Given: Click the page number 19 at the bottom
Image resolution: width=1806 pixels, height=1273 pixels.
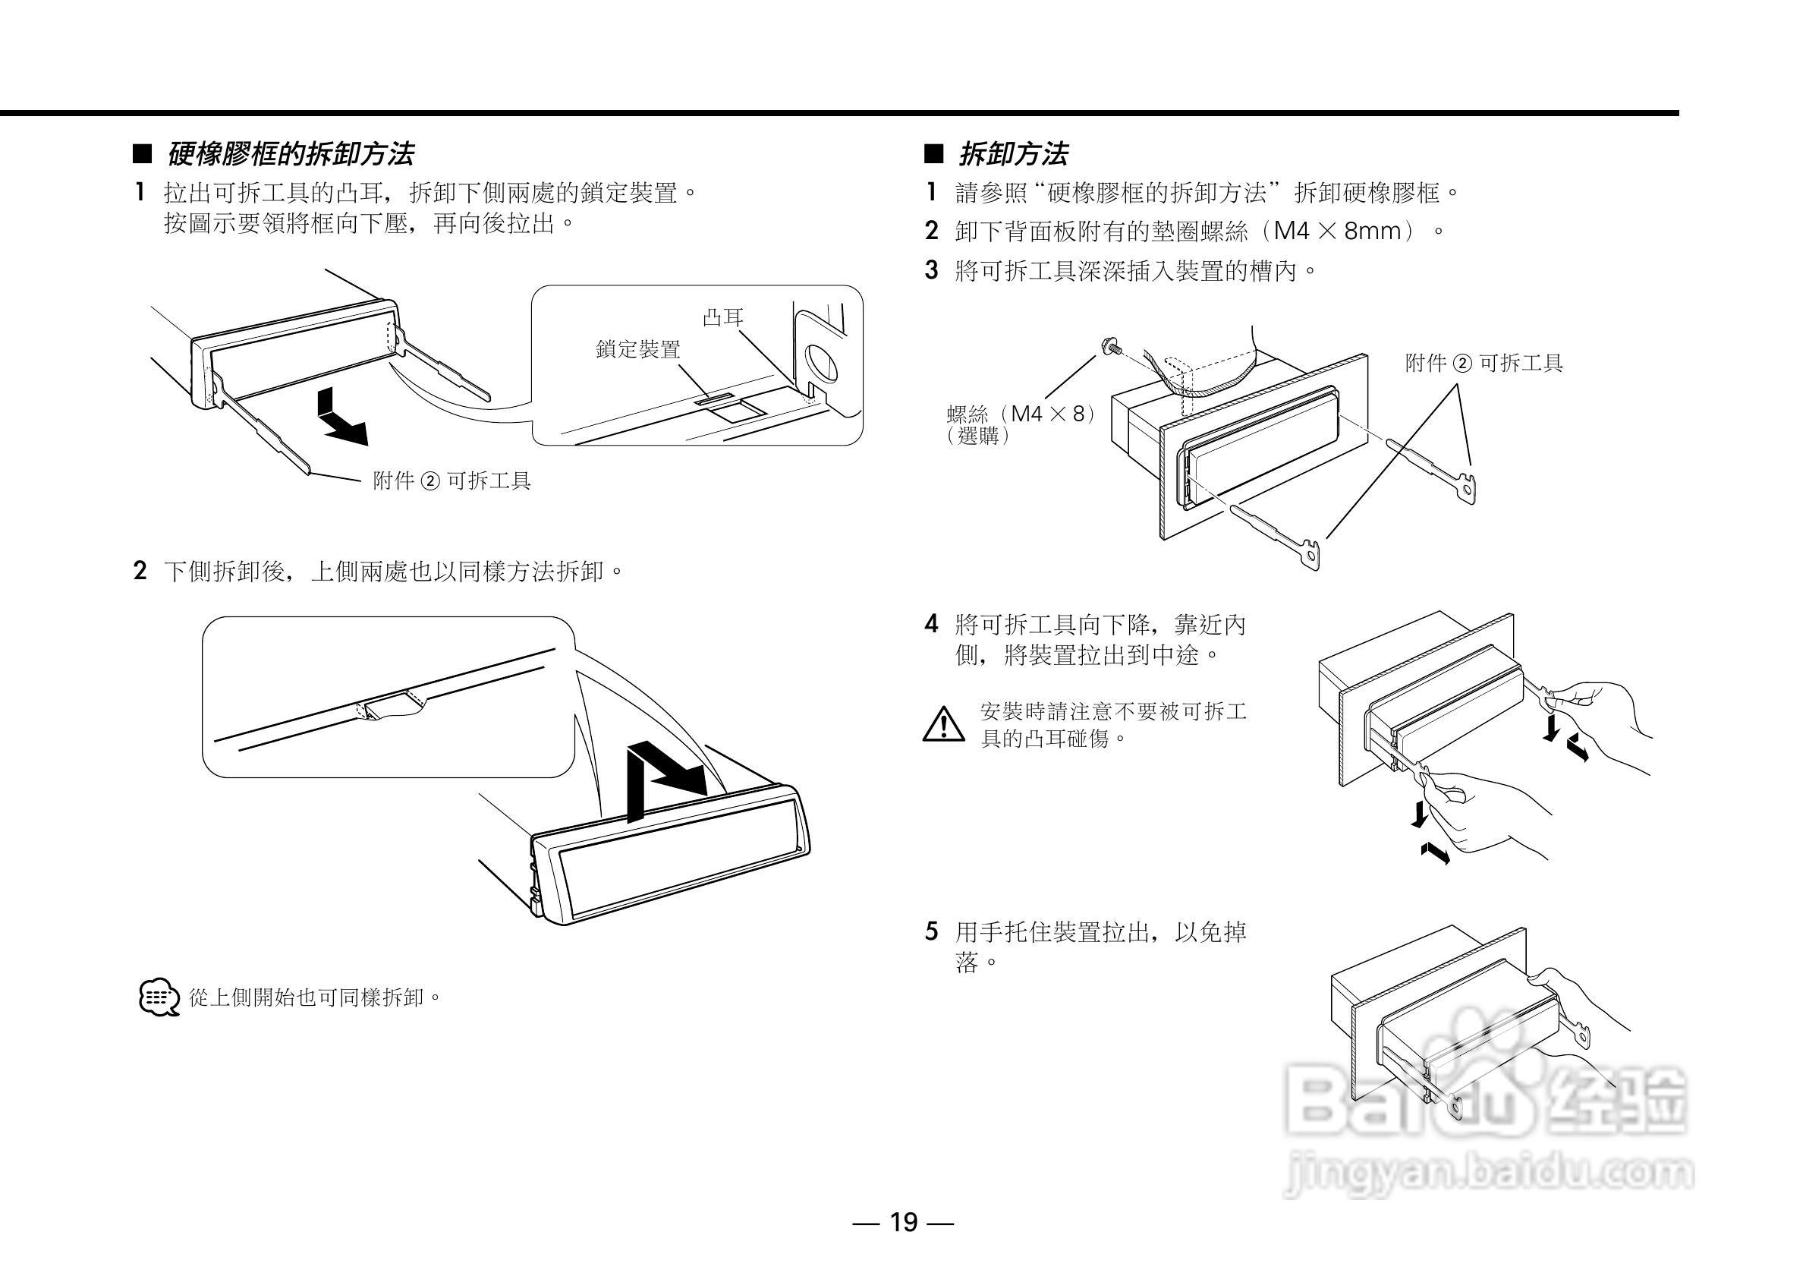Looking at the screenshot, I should tap(903, 1222).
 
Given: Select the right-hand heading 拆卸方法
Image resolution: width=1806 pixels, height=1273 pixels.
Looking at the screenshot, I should tap(1013, 154).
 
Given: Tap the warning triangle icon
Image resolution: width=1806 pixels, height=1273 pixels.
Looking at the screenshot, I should tap(943, 725).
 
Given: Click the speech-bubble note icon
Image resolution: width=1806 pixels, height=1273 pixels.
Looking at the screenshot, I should tap(158, 997).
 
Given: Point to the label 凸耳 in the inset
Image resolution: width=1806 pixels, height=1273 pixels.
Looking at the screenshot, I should tap(722, 318).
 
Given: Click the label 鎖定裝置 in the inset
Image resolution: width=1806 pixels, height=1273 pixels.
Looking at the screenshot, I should tap(638, 349).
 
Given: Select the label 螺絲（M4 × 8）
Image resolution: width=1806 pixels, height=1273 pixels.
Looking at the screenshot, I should tap(1021, 414).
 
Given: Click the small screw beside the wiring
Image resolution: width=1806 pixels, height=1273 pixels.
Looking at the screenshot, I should tap(1112, 346).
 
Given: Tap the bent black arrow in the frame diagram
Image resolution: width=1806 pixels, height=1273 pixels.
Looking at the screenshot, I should tap(340, 419).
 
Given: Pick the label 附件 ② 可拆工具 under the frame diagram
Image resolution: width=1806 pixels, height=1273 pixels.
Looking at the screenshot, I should tap(452, 481).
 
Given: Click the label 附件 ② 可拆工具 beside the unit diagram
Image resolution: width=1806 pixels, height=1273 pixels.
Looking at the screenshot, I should tap(1483, 364).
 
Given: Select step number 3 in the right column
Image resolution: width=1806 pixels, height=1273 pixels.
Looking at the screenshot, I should tap(931, 272).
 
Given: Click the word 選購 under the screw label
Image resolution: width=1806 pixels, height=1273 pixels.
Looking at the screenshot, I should tap(979, 435).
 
